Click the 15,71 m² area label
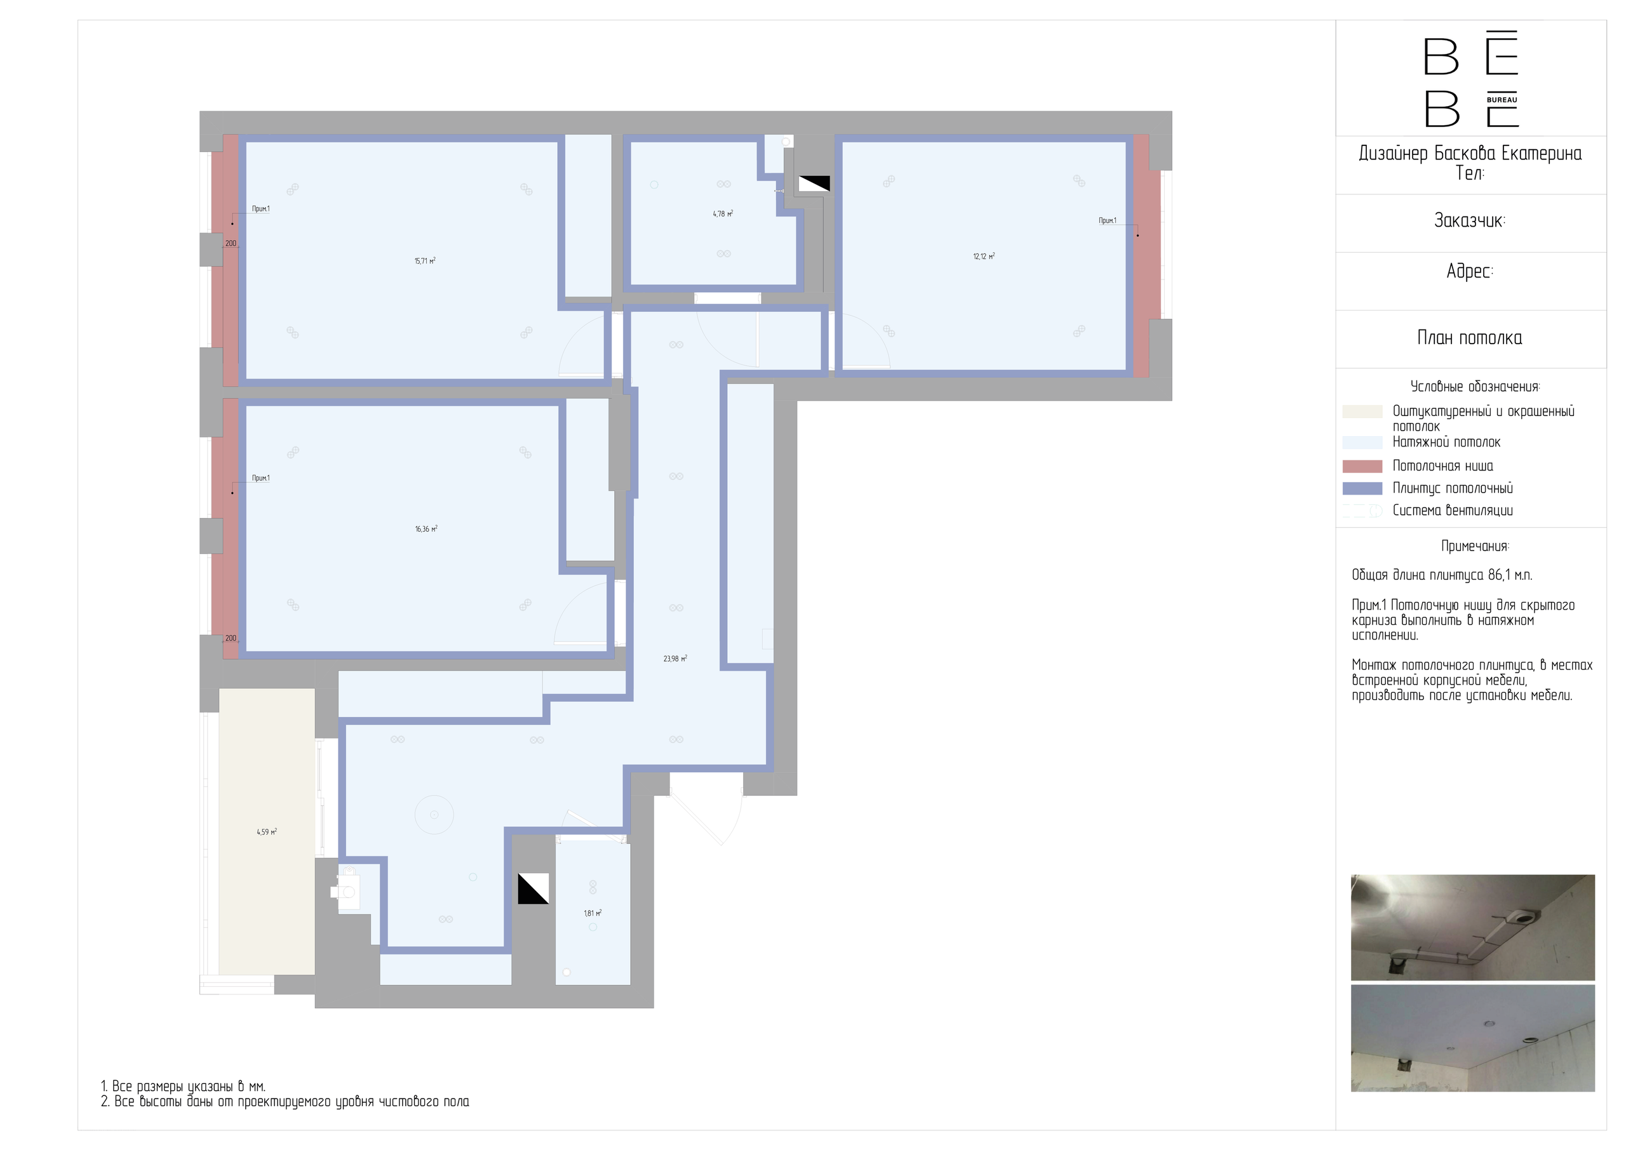425,261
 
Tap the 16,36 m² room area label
426,529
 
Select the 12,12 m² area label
984,257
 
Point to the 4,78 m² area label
723,214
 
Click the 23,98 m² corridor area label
675,659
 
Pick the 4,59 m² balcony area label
267,832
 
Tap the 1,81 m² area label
593,914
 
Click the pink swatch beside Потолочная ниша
1362,466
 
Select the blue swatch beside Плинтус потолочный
1362,488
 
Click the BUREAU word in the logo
1502,100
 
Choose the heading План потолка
1470,338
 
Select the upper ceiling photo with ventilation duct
1473,927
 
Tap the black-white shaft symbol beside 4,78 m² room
814,184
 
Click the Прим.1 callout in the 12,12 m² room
1108,221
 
